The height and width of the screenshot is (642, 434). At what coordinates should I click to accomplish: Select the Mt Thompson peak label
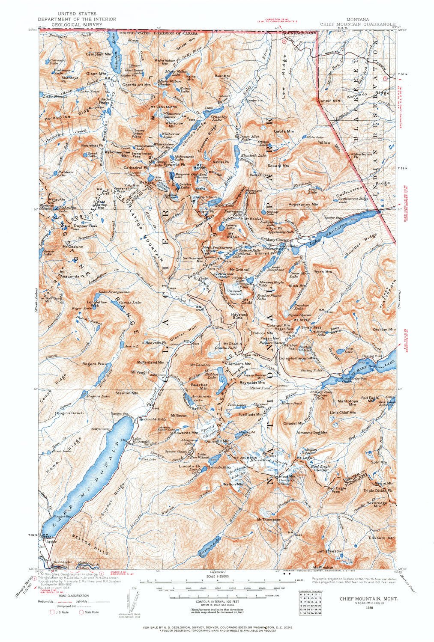[269, 520]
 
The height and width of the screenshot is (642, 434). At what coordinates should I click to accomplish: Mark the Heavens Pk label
[155, 343]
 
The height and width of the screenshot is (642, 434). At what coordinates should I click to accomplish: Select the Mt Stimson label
[329, 551]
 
